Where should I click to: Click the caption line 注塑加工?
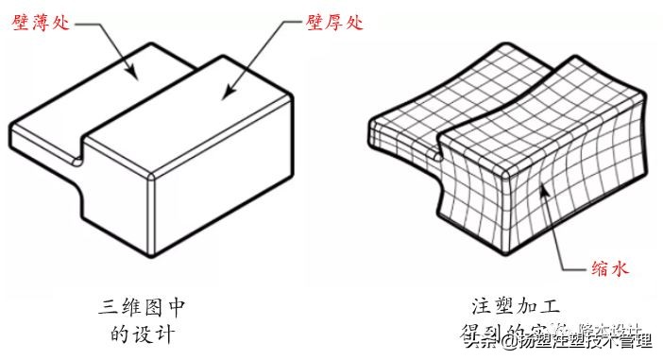516,307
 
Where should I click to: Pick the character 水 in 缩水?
618,269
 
